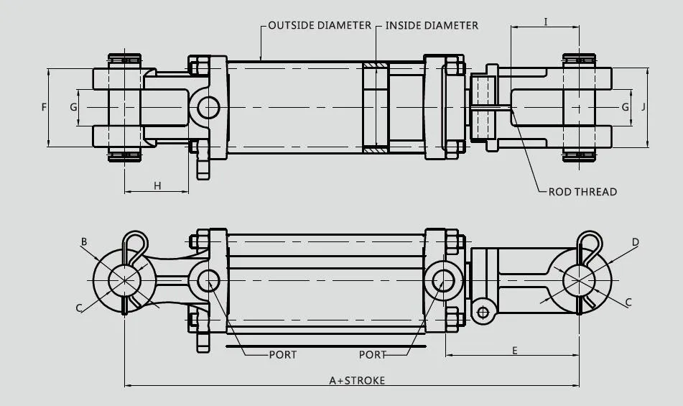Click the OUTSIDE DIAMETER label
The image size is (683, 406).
click(320, 25)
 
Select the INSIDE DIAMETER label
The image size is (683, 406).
click(431, 25)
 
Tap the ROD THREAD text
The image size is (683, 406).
click(582, 192)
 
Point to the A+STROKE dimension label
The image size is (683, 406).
click(357, 380)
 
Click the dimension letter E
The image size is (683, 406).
click(515, 350)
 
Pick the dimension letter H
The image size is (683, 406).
click(157, 186)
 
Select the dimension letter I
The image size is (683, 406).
click(546, 22)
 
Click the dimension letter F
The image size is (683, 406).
click(44, 107)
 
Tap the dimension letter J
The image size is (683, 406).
click(643, 106)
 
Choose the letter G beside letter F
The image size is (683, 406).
click(73, 107)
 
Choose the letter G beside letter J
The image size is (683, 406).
click(625, 106)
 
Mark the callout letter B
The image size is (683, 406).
click(84, 243)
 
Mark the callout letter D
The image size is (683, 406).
click(635, 243)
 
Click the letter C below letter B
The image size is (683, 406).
click(79, 308)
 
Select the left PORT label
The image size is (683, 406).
click(282, 354)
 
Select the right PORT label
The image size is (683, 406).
click(372, 354)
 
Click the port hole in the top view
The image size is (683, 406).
click(208, 108)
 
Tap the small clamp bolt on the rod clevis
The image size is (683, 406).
click(483, 312)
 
